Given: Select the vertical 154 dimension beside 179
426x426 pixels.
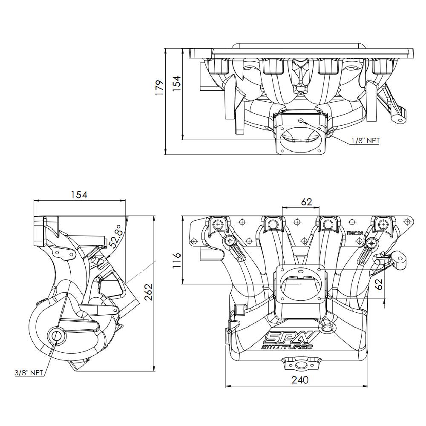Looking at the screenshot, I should coord(176,82).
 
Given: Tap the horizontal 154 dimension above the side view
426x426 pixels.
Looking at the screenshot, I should coord(79,195).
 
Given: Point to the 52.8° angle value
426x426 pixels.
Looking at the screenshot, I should coord(115,236).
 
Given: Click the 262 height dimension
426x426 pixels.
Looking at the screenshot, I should coord(148,292).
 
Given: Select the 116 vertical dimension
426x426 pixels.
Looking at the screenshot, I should coord(176,260).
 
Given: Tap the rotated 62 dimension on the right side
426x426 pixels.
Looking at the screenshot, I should coord(378,284).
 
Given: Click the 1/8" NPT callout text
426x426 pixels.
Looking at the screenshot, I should coord(365,141).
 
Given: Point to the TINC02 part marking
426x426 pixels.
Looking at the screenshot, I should coord(355,233).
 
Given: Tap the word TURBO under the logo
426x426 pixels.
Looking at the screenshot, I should coord(298,347).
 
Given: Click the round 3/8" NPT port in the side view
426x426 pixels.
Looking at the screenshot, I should coord(56,336).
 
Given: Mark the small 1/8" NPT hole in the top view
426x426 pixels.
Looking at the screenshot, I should coord(301,121).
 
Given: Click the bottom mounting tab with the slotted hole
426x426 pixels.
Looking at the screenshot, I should coord(301,365).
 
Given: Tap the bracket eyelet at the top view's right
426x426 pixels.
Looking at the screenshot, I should coord(400,120).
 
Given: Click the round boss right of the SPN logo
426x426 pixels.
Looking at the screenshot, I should coord(327,328).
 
